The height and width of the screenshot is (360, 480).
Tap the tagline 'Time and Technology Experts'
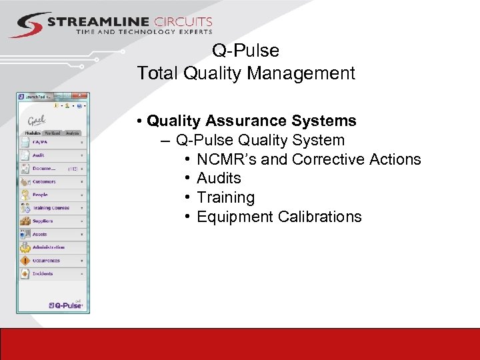tap(144, 31)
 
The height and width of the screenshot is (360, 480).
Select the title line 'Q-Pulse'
tap(245, 51)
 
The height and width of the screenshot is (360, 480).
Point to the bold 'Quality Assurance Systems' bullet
tap(251, 121)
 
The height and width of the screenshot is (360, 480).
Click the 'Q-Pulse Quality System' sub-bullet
tap(260, 140)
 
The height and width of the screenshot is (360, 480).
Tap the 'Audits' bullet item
tap(219, 178)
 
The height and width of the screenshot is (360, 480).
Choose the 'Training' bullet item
tap(225, 197)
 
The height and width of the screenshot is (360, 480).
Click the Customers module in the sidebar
tap(44, 181)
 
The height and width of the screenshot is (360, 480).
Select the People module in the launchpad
tap(40, 195)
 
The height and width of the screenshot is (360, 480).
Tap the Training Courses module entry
tap(51, 208)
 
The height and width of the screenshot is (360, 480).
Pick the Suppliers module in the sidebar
tap(43, 221)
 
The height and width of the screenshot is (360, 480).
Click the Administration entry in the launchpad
tap(49, 247)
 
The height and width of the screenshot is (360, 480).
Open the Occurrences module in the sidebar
tap(46, 261)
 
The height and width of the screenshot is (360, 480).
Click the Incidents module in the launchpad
tap(43, 273)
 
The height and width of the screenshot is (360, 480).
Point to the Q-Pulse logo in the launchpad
tap(65, 305)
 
